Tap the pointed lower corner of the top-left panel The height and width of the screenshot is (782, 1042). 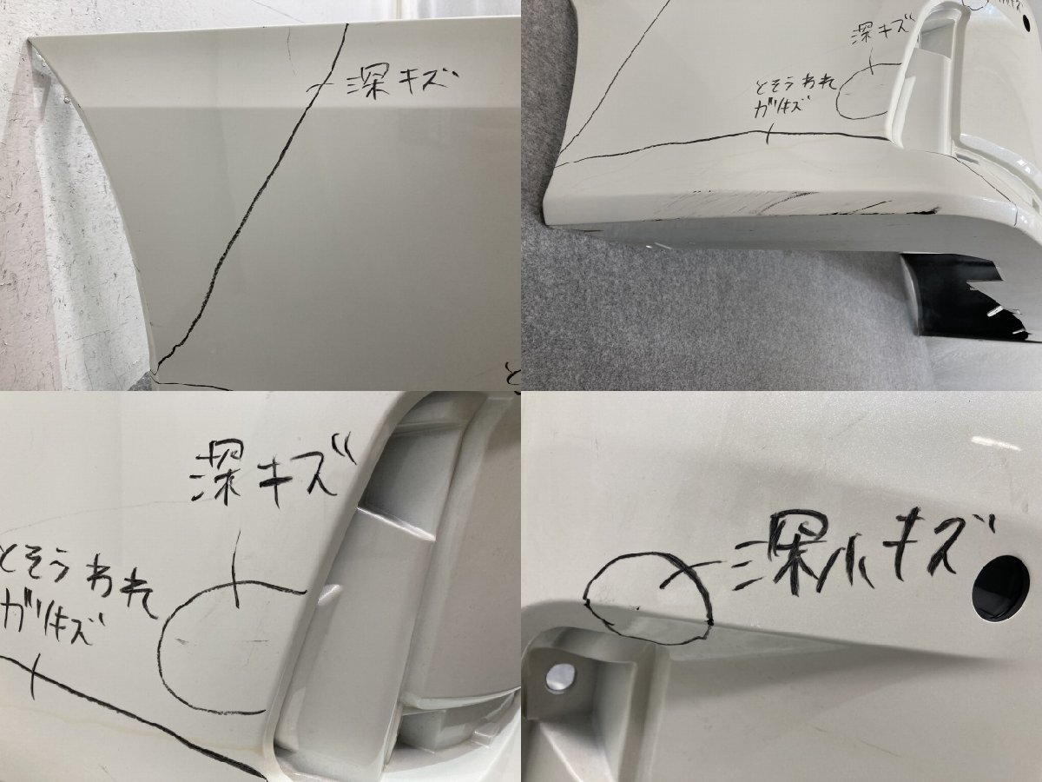(x=155, y=376)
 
